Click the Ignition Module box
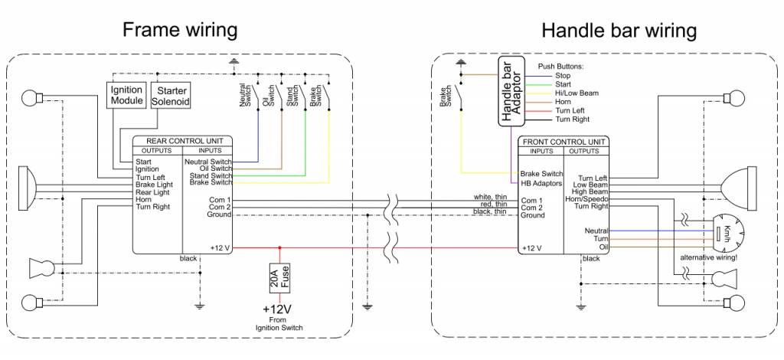(126, 96)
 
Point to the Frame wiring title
(181, 31)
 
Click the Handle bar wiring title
(619, 31)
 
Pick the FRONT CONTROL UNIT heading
(564, 142)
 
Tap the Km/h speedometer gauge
(724, 232)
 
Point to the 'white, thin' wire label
(490, 197)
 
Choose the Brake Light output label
(154, 185)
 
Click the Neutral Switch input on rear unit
(207, 162)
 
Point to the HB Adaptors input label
(541, 184)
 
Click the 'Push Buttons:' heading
(561, 67)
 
